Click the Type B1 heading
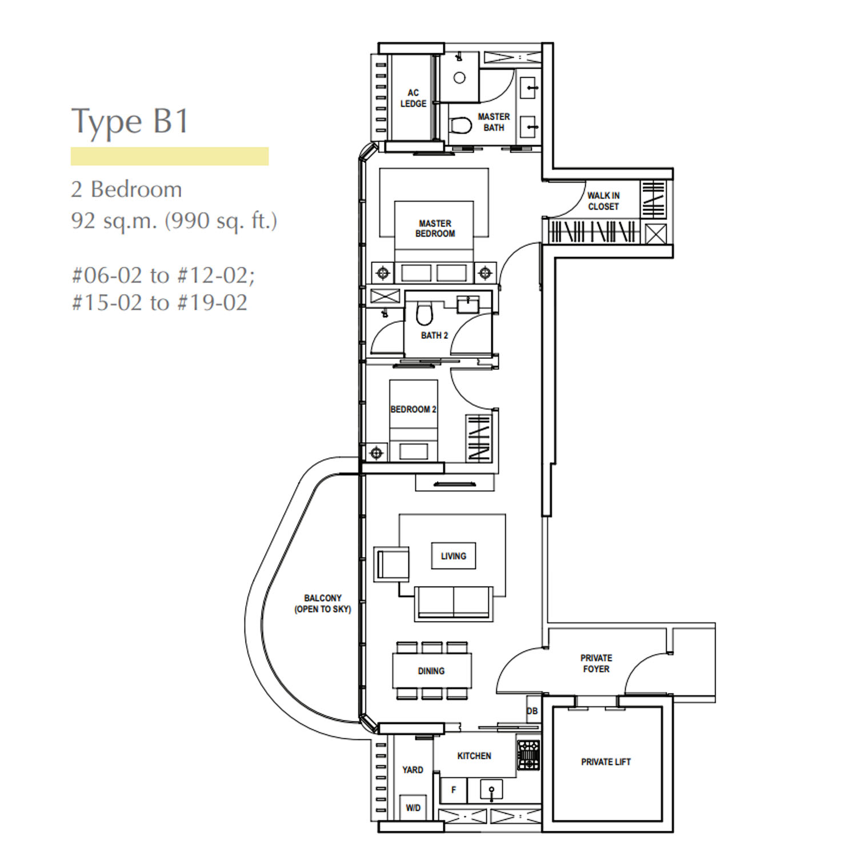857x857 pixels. pos(130,122)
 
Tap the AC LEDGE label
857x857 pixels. pos(413,98)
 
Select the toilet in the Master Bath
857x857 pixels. pos(460,125)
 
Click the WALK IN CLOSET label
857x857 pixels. pos(603,201)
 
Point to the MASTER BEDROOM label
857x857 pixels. pos(435,229)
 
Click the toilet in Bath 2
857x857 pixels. pos(424,312)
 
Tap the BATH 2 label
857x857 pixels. pos(434,335)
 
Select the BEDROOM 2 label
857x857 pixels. pos(413,410)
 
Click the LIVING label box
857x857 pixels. pos(454,556)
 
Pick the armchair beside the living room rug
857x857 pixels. pos(392,564)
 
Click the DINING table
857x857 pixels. pos(432,671)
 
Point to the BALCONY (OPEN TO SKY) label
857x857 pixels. pos(323,603)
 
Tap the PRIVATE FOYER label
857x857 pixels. pos(596,663)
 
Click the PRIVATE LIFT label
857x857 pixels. pos(606,762)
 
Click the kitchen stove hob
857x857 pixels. pos(528,755)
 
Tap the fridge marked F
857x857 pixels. pos(454,790)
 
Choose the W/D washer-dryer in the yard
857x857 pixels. pos(413,808)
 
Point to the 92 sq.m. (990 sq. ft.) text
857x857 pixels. pos(174,221)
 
